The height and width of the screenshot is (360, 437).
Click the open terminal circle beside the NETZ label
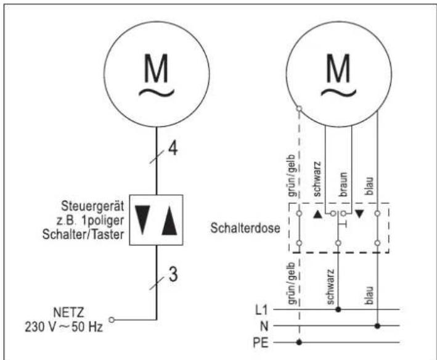click(x=112, y=319)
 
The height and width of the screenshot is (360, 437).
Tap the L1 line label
click(x=263, y=308)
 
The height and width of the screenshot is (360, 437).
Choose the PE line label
click(x=263, y=342)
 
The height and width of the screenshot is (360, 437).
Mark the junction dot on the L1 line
click(x=337, y=308)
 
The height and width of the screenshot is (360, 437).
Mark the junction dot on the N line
click(x=376, y=325)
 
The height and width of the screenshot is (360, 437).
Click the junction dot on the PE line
click(x=299, y=342)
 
